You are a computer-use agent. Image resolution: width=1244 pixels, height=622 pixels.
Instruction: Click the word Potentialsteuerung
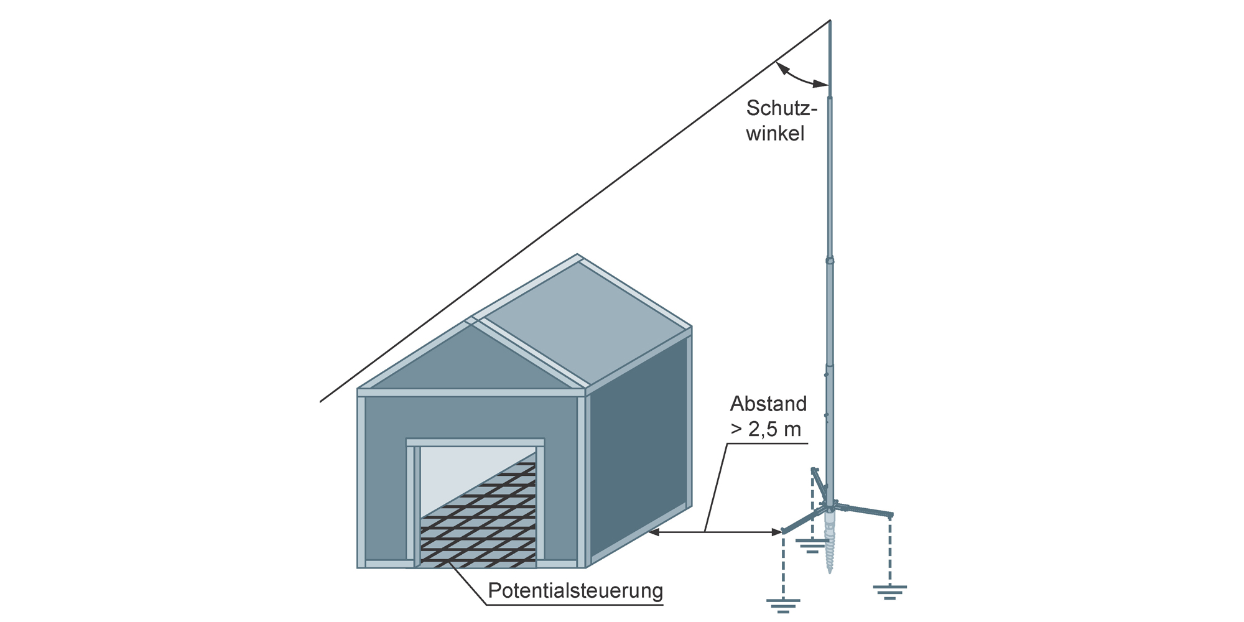pos(575,590)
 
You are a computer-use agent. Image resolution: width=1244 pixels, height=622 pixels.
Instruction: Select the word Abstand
pos(768,404)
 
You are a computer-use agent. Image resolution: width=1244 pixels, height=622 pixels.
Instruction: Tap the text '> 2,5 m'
pos(766,429)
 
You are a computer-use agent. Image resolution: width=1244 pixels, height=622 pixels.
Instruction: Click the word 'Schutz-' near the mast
pos(781,108)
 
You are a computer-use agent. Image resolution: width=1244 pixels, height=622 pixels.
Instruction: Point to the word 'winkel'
pos(775,133)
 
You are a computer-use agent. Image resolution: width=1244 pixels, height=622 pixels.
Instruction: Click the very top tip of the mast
pos(830,21)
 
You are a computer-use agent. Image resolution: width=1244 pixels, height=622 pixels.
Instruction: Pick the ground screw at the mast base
pos(829,541)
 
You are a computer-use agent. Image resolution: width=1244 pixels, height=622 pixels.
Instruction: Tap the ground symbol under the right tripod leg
pos(890,591)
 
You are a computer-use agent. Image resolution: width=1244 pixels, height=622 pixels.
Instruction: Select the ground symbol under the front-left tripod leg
pos(783,605)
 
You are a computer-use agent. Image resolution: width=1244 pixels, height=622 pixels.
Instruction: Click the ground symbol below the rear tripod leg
pos(811,546)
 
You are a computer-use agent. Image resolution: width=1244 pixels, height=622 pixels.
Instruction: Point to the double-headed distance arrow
pos(715,532)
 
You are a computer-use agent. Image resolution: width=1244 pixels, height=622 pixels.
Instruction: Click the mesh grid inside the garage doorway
pos(478,516)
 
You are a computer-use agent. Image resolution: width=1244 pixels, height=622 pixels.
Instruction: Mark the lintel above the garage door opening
pos(475,442)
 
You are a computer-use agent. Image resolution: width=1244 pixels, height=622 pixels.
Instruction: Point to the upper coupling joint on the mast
pos(830,260)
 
